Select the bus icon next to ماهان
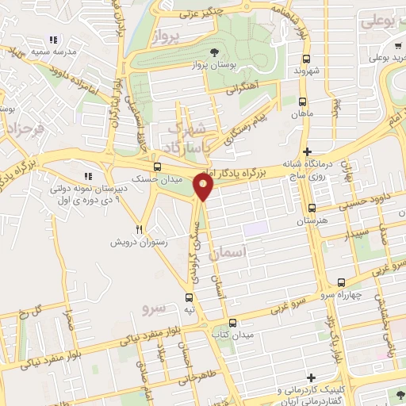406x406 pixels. (x=302, y=101)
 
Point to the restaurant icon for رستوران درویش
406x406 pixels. (x=139, y=228)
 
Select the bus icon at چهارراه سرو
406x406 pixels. (x=341, y=282)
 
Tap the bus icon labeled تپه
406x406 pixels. (x=189, y=295)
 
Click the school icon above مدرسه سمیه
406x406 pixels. (x=53, y=40)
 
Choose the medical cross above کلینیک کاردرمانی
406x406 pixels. (x=312, y=377)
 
